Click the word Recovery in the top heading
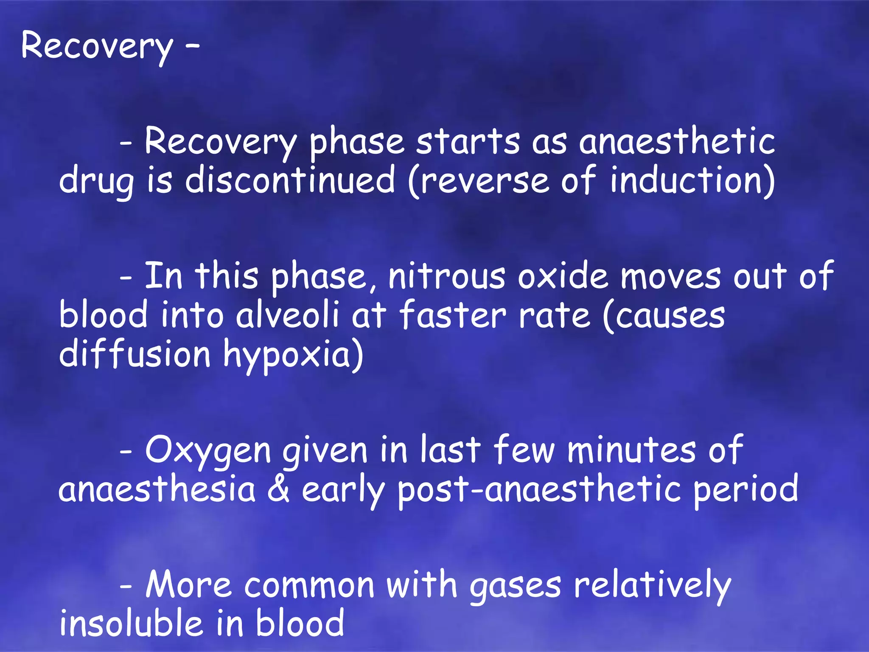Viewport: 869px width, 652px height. point(97,46)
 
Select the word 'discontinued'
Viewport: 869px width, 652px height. point(290,180)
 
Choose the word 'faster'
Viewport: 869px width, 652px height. point(453,315)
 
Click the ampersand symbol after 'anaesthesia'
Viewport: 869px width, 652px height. point(279,489)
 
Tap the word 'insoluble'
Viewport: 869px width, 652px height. point(131,623)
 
